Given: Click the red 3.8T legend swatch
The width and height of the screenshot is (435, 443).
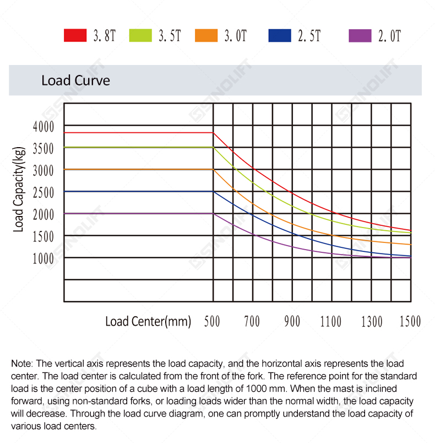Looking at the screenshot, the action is pos(75,35).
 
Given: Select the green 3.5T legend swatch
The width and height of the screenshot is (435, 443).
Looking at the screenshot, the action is pos(140,35).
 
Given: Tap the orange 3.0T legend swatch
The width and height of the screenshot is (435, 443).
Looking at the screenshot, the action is pos(206,35).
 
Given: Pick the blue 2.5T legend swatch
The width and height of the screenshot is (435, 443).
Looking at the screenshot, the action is pos(280,35).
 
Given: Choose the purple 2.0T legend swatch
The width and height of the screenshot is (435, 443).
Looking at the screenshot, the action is pos(360,36).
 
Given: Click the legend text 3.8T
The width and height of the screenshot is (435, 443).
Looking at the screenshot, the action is pos(105,36).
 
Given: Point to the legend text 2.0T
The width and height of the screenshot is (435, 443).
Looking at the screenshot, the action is pos(389,36).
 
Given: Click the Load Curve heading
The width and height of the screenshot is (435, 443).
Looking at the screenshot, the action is pos(75,80).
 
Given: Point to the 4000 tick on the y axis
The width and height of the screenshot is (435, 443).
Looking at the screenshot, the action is pos(43,127).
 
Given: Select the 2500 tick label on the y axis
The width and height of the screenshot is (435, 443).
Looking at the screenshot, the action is pos(43,193).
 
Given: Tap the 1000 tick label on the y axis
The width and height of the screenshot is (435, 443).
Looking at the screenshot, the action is pos(43,259).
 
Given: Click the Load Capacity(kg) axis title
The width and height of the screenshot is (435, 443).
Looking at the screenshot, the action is pos(19,190).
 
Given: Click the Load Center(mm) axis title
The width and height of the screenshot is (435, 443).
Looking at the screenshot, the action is pos(148,322).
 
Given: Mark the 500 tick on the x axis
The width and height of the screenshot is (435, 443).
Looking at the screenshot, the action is pos(212,322).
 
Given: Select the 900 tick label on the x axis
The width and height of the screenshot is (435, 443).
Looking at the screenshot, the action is pos(292,322).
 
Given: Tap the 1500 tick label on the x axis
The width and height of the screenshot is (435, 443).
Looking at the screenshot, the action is pos(410,322).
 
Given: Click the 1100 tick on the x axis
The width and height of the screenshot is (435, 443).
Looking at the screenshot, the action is pos(330,322).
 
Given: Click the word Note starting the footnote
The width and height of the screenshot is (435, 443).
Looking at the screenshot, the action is pos(22,364).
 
